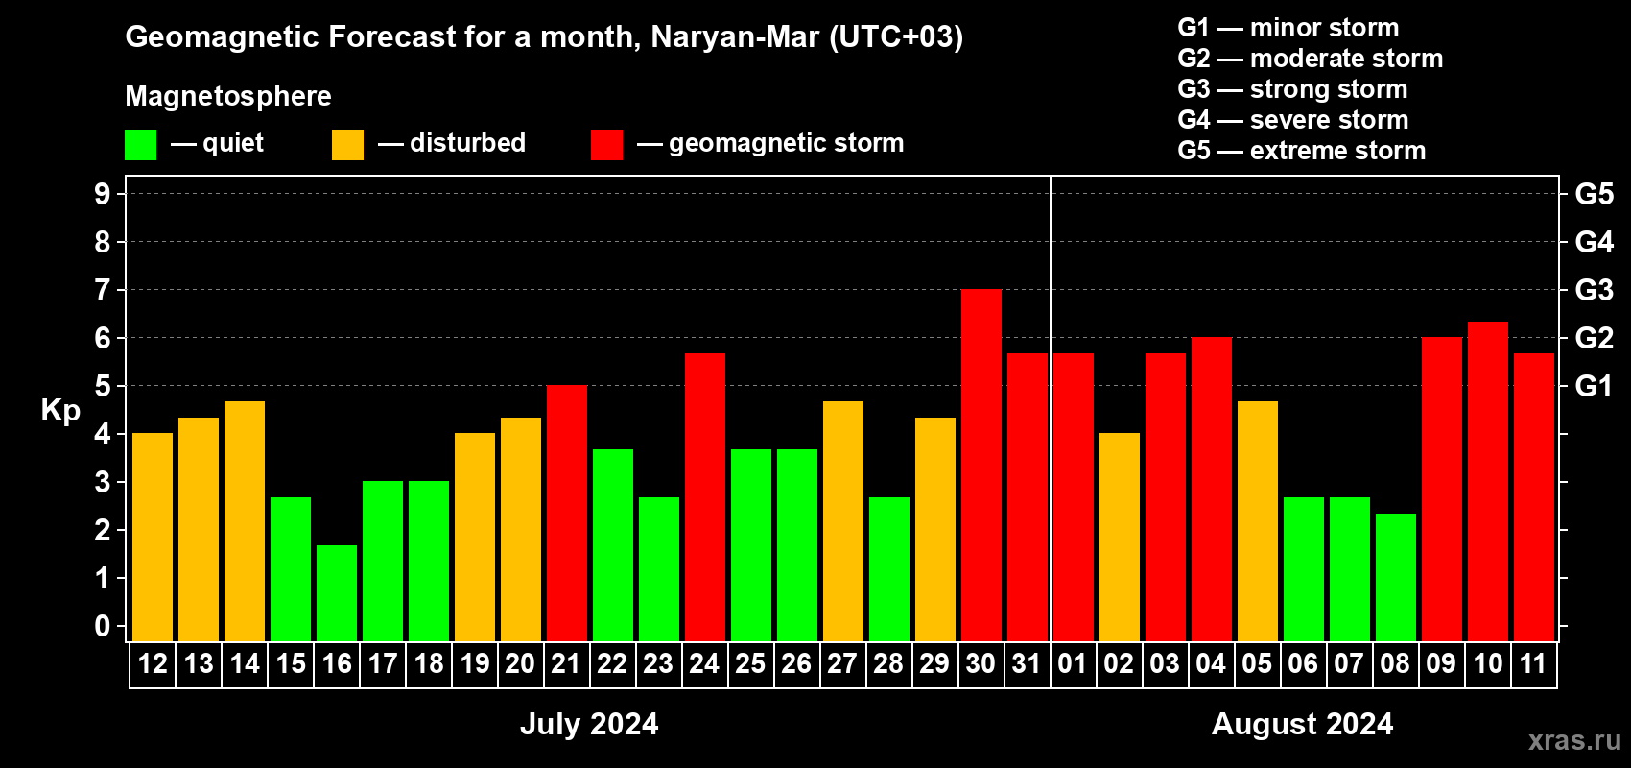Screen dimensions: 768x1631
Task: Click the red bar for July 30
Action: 981,466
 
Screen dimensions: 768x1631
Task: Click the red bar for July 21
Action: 566,514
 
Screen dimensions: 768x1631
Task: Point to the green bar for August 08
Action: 1395,577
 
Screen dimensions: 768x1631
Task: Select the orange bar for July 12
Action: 153,538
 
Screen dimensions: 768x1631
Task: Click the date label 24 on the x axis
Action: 703,664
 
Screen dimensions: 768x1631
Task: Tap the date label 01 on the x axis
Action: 1072,664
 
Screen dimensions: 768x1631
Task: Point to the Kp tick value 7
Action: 103,290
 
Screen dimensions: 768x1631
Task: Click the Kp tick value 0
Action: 103,627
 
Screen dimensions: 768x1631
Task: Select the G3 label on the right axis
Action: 1594,290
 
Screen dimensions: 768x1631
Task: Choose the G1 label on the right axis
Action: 1594,386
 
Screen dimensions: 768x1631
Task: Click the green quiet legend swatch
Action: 140,145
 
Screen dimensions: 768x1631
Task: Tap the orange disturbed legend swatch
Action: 347,145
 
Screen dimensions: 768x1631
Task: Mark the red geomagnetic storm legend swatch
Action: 606,145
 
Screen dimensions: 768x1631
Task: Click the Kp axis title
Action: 60,411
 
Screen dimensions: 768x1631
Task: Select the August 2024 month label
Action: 1302,724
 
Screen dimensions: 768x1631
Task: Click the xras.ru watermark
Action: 1573,740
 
